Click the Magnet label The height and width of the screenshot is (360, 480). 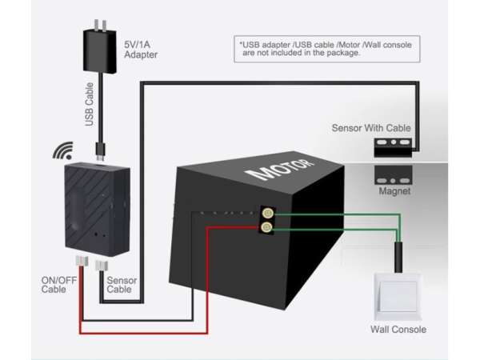click(x=394, y=192)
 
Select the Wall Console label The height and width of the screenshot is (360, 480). click(x=398, y=329)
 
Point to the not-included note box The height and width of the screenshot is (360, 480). click(x=325, y=49)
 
